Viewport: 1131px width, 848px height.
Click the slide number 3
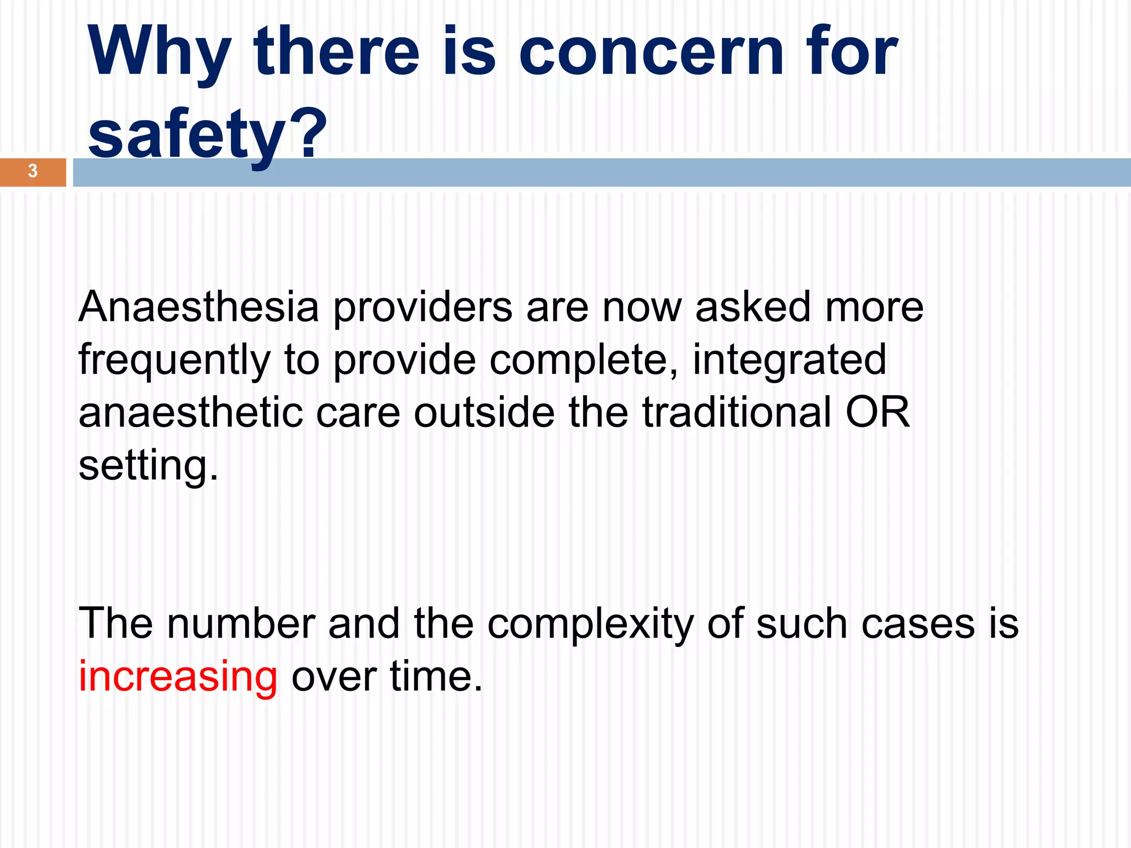[33, 171]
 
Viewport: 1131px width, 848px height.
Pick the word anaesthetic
[191, 413]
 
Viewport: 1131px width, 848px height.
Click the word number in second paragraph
[241, 624]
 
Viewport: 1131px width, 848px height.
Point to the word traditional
[737, 412]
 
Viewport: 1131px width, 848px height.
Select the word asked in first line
[753, 307]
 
